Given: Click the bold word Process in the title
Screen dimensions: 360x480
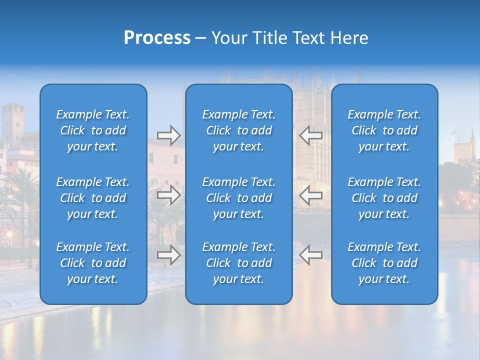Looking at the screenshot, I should (157, 38).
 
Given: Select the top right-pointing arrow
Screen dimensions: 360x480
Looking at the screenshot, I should (168, 135).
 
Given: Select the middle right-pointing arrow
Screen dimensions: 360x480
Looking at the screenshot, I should (168, 194).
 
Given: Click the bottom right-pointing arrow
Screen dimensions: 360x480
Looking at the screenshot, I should (168, 254).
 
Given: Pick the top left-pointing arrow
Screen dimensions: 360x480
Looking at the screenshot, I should (310, 135).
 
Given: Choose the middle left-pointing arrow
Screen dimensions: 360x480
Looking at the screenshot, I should (310, 194).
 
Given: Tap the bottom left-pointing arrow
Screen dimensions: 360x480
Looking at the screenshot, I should (310, 254).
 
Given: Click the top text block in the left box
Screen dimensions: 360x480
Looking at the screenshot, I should (93, 130).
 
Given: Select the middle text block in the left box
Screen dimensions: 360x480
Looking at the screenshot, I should (93, 198).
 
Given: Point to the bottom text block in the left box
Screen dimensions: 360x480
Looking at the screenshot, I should (93, 263).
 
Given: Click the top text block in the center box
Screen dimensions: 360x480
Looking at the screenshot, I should (238, 130).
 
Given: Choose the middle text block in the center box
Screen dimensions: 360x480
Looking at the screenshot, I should (238, 198).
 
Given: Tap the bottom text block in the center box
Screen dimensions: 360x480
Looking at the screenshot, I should (238, 263).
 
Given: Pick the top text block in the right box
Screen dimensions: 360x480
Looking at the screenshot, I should (384, 130).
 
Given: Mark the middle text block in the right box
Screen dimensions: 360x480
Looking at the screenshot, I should (384, 198).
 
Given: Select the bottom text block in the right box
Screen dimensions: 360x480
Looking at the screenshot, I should (384, 263).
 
